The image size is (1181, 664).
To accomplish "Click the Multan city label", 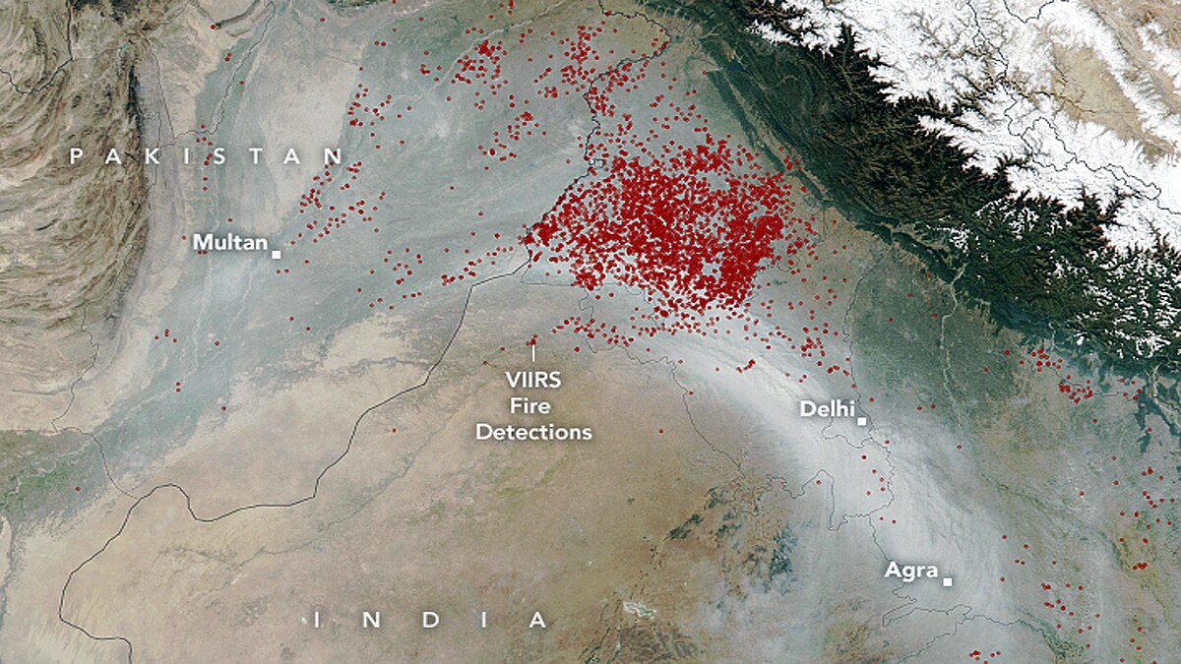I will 230,242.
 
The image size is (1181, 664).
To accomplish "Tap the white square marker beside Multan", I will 277,254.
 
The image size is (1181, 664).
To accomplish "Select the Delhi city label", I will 827,409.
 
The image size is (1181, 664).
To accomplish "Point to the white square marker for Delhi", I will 861,421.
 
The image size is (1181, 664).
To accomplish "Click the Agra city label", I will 910,570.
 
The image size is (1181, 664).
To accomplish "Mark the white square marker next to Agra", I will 947,581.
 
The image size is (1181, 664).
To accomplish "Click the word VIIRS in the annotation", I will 534,379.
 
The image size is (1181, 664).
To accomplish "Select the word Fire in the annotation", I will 534,405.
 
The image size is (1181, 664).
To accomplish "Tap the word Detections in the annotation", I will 534,432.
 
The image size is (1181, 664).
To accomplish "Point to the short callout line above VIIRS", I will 534,351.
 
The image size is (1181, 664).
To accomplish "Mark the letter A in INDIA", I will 537,620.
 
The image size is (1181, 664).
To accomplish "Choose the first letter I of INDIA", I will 317,620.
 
